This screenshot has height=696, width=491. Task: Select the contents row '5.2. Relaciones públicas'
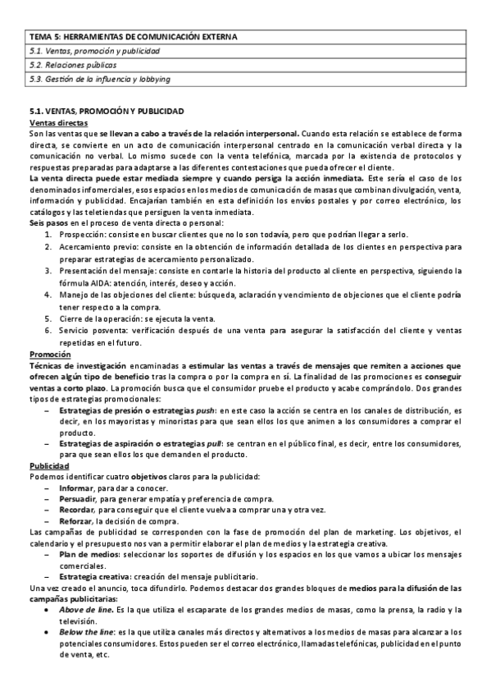pyautogui.click(x=72, y=65)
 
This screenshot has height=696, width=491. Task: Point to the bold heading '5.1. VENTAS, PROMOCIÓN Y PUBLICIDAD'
pyautogui.click(x=107, y=111)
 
